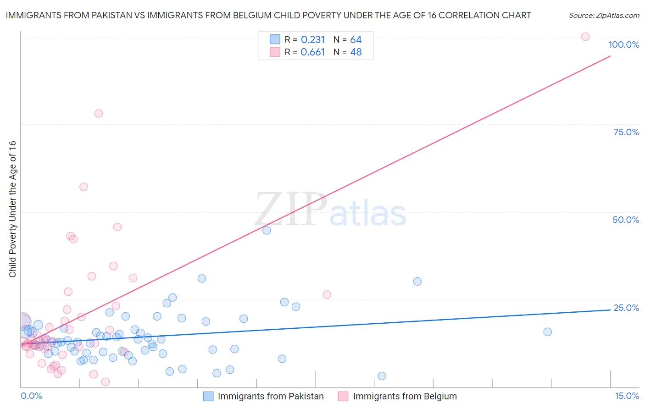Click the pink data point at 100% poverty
pos(585,37)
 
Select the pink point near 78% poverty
pos(99,113)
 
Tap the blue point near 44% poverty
pos(267,230)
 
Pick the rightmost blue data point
pos(547,332)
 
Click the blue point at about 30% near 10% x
pos(417,281)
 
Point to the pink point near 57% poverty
pos(83,187)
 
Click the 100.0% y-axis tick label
pos(623,44)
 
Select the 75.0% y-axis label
pos(626,132)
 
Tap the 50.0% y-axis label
pos(626,220)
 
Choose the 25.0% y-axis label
pos(626,308)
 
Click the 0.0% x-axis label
pos(31,396)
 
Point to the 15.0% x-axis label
pos(627,396)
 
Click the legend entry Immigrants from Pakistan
pos(270,396)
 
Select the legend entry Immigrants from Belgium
pos(405,396)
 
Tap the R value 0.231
pos(313,40)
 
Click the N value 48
pos(356,52)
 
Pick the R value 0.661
pos(313,52)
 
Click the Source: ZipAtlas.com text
pos(604,16)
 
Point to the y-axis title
pos(13,209)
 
